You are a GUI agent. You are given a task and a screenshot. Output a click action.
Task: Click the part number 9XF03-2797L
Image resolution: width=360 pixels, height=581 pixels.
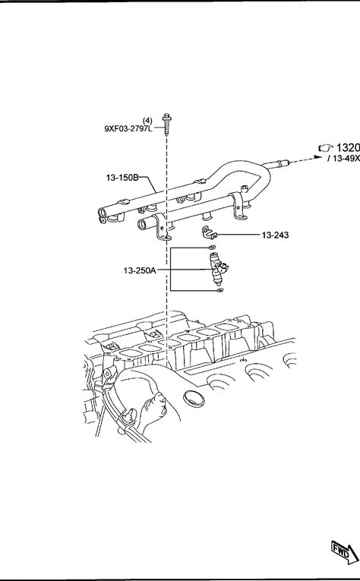click(128, 129)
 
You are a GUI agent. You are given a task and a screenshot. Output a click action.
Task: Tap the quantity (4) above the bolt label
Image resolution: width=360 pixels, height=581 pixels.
click(147, 121)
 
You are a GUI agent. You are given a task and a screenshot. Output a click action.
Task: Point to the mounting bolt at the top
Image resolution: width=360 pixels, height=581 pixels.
click(166, 124)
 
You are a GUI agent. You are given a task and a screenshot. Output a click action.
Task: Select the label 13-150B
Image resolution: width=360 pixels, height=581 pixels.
click(122, 178)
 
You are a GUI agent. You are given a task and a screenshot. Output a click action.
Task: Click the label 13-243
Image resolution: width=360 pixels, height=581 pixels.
click(275, 235)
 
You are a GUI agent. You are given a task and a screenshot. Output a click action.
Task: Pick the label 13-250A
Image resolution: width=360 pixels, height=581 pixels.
click(140, 270)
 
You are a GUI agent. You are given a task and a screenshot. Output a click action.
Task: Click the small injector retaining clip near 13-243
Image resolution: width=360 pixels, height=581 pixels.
click(209, 232)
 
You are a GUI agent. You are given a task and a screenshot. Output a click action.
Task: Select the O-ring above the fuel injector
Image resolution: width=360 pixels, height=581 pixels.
click(211, 247)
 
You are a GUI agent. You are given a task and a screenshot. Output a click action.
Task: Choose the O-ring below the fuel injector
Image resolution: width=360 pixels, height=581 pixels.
click(220, 290)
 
